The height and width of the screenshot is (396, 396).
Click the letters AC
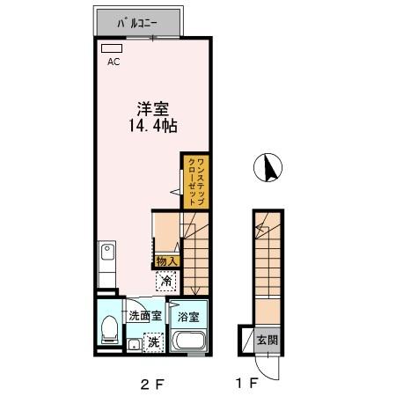pos(113,62)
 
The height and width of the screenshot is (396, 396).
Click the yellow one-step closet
pos(194,180)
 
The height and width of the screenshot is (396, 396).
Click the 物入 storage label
pos(166,260)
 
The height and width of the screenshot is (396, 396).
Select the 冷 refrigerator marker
pos(165,282)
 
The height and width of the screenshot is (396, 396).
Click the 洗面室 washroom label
pos(144,315)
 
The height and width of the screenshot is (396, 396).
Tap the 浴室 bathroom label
pos(187,316)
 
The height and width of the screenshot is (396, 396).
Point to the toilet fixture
pos(109,330)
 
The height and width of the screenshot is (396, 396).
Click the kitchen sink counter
pos(107,264)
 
